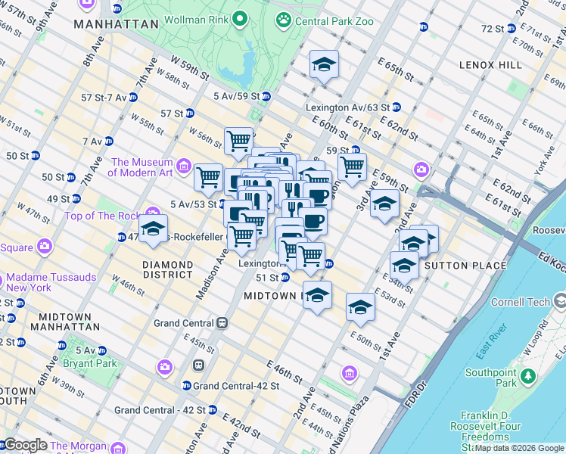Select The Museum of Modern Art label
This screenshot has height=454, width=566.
point(142,167)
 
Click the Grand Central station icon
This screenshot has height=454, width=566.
point(222,323)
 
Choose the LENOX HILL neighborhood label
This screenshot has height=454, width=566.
point(490,65)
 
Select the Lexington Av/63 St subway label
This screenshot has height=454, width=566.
point(347,107)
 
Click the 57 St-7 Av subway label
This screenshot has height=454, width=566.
point(104,98)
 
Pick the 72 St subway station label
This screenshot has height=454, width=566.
point(493,29)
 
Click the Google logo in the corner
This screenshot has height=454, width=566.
point(26,445)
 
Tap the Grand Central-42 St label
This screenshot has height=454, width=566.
point(236,385)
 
